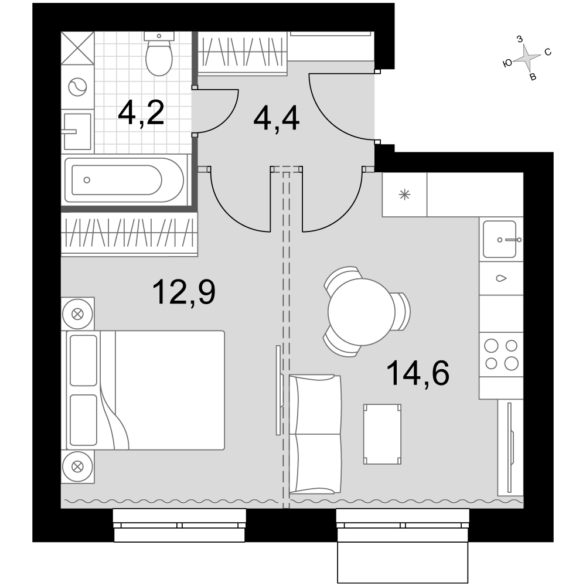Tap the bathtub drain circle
click(x=87, y=180)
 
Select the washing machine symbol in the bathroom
click(x=77, y=87)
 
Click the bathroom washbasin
click(x=77, y=131)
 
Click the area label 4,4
click(x=276, y=118)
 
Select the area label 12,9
click(x=184, y=293)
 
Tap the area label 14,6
click(x=418, y=373)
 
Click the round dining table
click(x=362, y=312)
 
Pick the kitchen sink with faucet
click(x=500, y=239)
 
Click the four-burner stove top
click(x=501, y=355)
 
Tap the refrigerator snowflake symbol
click(x=404, y=195)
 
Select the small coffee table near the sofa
click(x=382, y=434)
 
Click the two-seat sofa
click(x=315, y=434)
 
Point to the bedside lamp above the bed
click(x=77, y=314)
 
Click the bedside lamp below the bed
click(x=77, y=466)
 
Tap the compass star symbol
click(x=527, y=58)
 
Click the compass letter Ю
click(x=507, y=63)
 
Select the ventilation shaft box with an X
click(x=78, y=48)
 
